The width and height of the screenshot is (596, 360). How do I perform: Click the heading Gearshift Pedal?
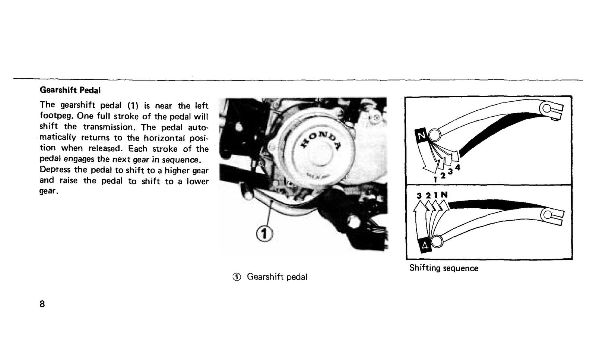pos(70,90)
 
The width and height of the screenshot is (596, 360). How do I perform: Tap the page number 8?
pos(42,304)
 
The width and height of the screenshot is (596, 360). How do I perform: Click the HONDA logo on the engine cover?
pos(321,140)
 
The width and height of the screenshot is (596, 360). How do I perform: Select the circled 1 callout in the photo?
pos(264,234)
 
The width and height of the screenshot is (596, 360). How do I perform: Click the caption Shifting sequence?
pos(444,268)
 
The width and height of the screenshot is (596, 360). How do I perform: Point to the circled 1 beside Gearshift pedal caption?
pos(237,277)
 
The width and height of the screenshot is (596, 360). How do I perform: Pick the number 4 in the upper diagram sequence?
pos(457,167)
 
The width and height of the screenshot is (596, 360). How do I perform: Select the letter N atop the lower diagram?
pos(444,195)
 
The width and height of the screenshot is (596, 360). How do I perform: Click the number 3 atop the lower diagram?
pos(419,196)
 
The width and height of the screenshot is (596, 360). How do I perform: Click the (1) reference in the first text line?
pos(133,106)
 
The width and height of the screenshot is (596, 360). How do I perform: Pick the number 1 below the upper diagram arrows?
pos(435,180)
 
